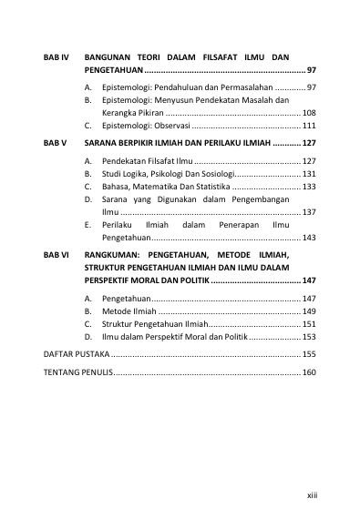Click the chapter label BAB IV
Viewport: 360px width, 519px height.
click(57, 57)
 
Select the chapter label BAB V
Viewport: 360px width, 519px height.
click(56, 144)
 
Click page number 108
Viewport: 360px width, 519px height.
click(308, 113)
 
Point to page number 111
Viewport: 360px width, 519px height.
click(308, 127)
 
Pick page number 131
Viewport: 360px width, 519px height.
click(308, 174)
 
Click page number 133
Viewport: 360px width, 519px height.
click(308, 187)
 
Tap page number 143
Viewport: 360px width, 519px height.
click(308, 238)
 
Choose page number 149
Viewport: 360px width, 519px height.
click(308, 311)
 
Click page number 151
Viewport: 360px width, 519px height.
click(308, 324)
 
